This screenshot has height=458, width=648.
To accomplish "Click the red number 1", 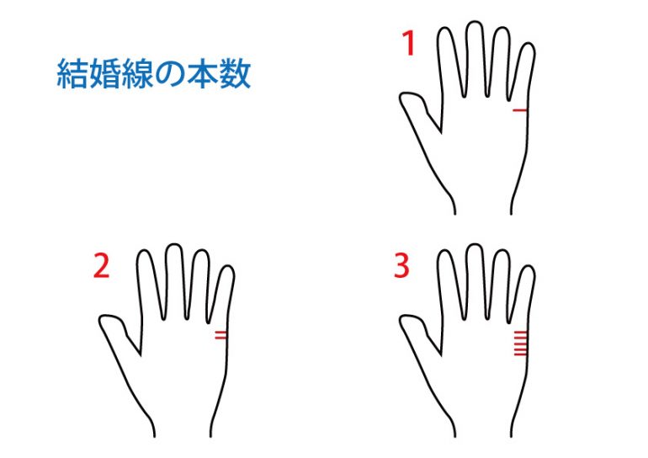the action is click(x=409, y=44).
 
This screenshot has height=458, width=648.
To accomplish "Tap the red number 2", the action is click(x=102, y=266).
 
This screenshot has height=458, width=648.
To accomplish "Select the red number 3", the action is click(x=401, y=266).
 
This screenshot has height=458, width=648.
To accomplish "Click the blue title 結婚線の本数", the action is click(x=154, y=74).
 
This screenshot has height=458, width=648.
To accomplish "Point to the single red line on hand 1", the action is click(x=520, y=110).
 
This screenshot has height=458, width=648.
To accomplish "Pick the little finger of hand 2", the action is click(x=222, y=295).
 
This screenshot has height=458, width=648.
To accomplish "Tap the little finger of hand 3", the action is click(x=523, y=295).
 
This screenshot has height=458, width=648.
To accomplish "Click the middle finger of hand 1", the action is click(x=475, y=59).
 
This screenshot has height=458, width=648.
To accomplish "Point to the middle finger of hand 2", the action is click(x=174, y=281).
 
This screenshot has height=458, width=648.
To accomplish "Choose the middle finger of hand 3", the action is click(x=475, y=281).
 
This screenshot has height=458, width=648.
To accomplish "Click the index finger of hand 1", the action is click(x=449, y=62).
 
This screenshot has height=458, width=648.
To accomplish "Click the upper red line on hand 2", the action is click(x=220, y=332).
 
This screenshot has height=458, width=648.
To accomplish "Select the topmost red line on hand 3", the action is click(x=521, y=333).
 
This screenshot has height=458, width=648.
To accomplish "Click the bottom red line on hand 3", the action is click(x=521, y=354).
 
